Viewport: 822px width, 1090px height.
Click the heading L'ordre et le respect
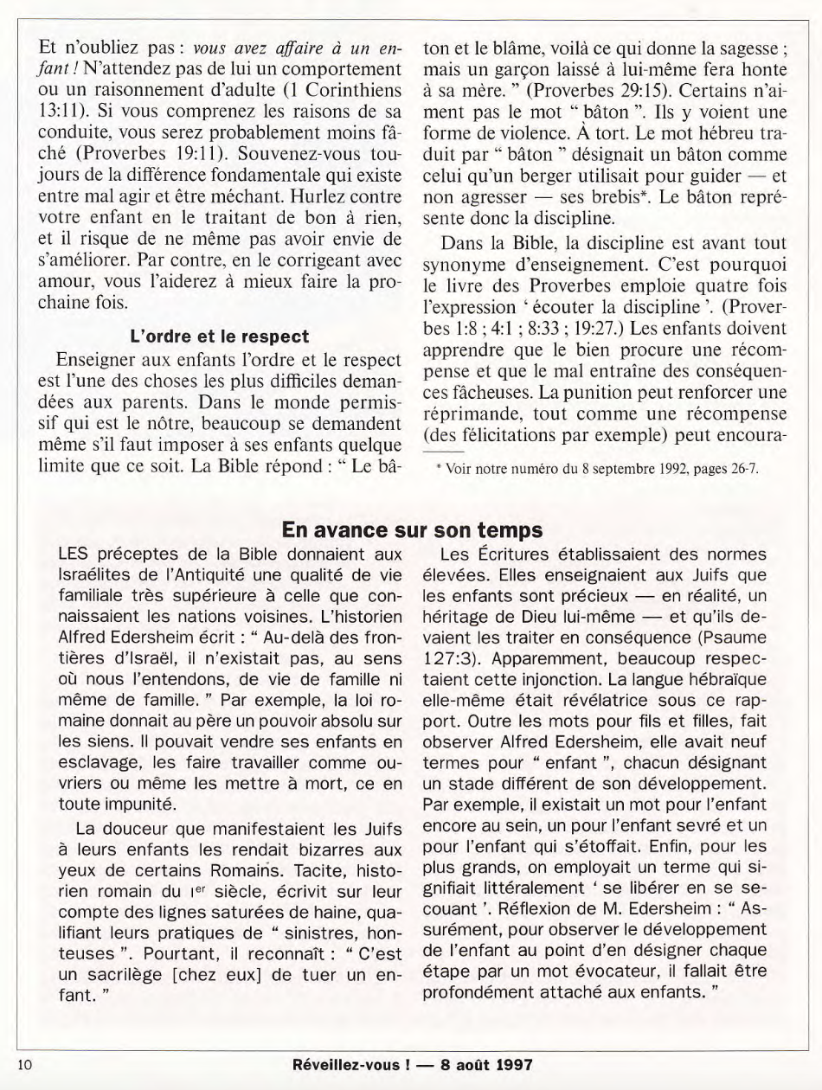219,336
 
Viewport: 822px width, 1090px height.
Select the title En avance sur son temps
412,529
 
